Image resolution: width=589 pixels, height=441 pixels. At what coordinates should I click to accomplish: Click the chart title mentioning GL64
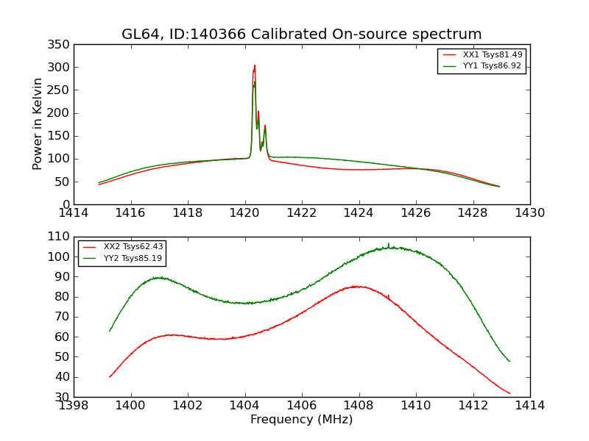tap(301, 35)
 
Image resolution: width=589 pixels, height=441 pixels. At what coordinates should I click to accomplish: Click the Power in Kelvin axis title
tap(38, 124)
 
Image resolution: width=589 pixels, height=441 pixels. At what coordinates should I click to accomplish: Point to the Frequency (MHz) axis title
tap(301, 420)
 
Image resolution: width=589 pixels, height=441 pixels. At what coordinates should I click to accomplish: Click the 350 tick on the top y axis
tap(61, 45)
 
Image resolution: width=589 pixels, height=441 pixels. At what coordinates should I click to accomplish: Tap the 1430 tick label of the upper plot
tap(529, 213)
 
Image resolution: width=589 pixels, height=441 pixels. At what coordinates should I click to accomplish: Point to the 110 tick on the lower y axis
tap(61, 237)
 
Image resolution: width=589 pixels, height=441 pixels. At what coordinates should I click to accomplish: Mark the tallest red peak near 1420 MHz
tap(255, 65)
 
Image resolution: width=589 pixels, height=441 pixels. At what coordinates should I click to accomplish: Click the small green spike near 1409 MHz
tap(389, 244)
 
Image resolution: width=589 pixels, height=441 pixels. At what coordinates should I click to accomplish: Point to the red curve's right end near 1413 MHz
tap(509, 393)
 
